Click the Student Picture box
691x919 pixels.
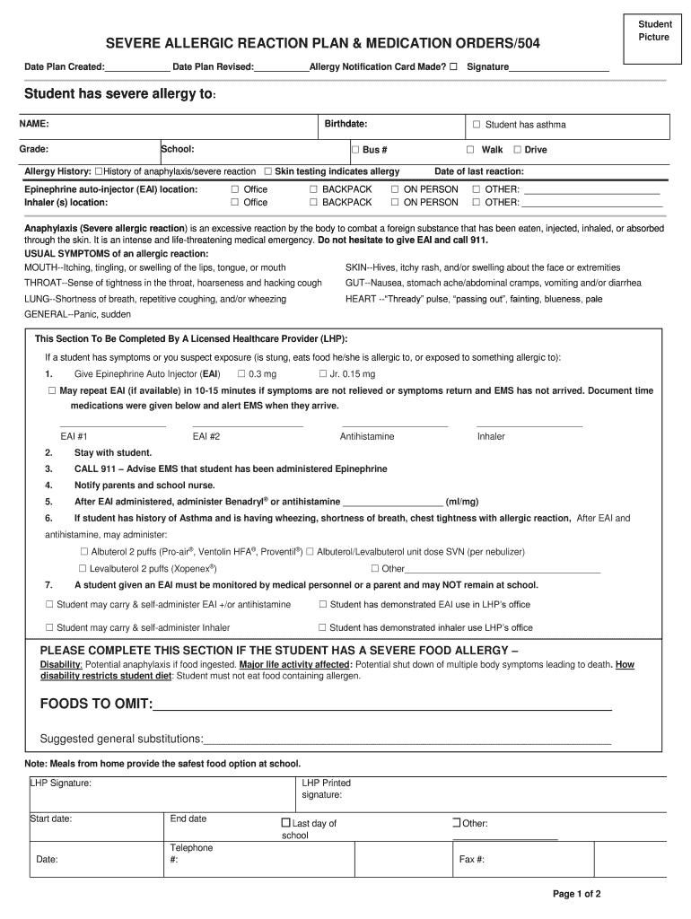[x=653, y=31]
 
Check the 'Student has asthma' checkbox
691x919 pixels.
[x=477, y=125]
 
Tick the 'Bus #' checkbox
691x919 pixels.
[x=355, y=150]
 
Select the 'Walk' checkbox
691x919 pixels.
[x=469, y=150]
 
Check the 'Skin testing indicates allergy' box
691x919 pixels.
[x=267, y=171]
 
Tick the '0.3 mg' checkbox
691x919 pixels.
[x=241, y=373]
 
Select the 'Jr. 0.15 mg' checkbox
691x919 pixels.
[x=322, y=373]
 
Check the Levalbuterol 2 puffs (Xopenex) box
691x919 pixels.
[x=83, y=568]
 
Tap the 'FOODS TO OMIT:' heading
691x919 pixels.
[x=96, y=704]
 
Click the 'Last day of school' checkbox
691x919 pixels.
[x=285, y=823]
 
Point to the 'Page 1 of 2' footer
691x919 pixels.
[x=576, y=894]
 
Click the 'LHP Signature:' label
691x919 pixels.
[x=60, y=783]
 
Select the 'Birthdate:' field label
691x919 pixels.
[x=345, y=124]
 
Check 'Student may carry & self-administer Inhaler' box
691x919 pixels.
[x=49, y=627]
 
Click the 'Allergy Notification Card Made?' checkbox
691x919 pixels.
[x=452, y=67]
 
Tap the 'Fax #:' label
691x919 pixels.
[x=472, y=859]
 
